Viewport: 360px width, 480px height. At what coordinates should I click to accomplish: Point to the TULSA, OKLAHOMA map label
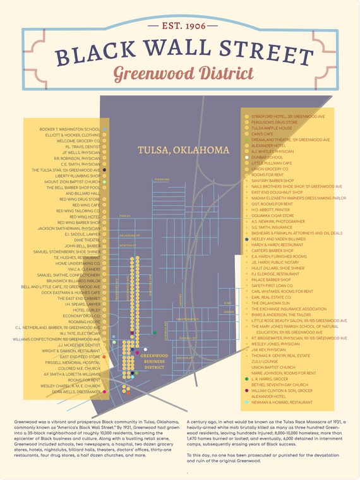(x=183, y=150)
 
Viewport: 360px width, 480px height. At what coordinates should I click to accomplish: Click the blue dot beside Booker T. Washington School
(x=104, y=129)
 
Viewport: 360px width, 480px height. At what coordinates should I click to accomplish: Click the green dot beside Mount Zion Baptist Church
(x=104, y=182)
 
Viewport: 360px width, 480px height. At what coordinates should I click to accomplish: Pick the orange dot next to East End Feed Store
(x=104, y=357)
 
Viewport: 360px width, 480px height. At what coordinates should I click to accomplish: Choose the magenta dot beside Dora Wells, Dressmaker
(x=104, y=392)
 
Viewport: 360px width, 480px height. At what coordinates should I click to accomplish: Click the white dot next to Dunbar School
(x=246, y=158)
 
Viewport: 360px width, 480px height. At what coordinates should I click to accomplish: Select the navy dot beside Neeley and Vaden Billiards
(x=246, y=239)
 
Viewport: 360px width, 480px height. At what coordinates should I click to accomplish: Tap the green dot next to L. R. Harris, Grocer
(x=246, y=379)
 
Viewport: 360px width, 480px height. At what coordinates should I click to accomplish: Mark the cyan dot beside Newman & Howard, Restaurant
(x=246, y=402)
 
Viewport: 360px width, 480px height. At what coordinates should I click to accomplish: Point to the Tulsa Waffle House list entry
(x=272, y=128)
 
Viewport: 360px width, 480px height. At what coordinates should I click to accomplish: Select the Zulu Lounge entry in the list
(x=265, y=361)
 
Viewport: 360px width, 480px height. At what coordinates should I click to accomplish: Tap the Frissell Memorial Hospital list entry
(x=73, y=363)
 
